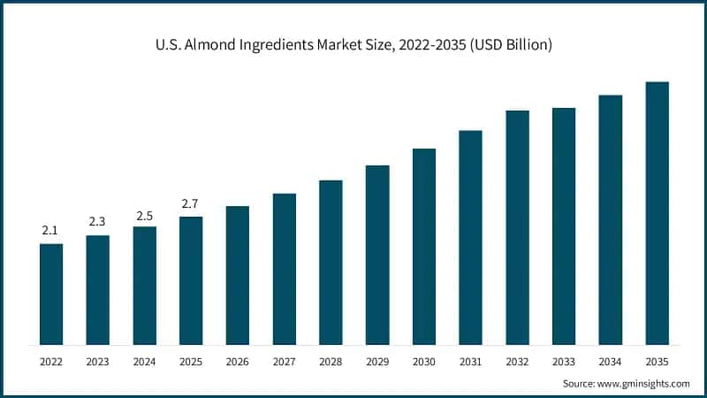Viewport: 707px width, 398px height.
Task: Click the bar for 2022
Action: pyautogui.click(x=51, y=294)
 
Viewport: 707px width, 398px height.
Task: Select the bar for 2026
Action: pyautogui.click(x=237, y=275)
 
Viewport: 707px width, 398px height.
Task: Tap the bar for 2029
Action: pyautogui.click(x=377, y=255)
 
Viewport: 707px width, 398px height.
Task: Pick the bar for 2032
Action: pyautogui.click(x=517, y=227)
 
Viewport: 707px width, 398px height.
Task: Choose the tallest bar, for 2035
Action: pyautogui.click(x=657, y=213)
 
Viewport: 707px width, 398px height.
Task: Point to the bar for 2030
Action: pyautogui.click(x=424, y=246)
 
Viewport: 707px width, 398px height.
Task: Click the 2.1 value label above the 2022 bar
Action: pyautogui.click(x=51, y=231)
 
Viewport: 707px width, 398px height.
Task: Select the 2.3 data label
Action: pyautogui.click(x=97, y=223)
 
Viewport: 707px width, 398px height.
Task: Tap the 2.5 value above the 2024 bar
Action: pyautogui.click(x=144, y=215)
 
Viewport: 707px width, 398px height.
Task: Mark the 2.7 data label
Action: pyautogui.click(x=191, y=204)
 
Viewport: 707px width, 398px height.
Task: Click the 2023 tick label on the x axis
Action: pyautogui.click(x=97, y=361)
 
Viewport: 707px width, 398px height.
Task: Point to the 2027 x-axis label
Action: pyautogui.click(x=284, y=361)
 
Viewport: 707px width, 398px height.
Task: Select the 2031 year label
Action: pyautogui.click(x=470, y=361)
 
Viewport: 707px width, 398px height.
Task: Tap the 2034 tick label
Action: pyautogui.click(x=611, y=361)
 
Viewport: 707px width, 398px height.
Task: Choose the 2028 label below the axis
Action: pyautogui.click(x=331, y=361)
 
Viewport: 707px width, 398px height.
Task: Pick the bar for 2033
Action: pyautogui.click(x=564, y=226)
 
